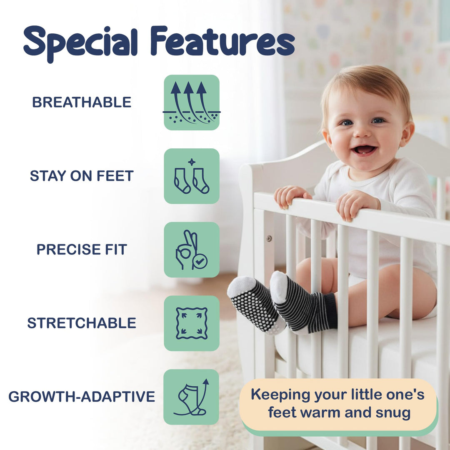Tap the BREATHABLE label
[x=82, y=102]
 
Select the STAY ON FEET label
[x=82, y=176]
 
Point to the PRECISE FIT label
[x=82, y=249]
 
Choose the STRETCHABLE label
[x=82, y=323]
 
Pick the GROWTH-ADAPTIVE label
[x=82, y=397]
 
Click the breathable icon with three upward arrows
[x=191, y=102]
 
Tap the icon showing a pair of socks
[x=191, y=180]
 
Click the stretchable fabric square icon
[x=191, y=323]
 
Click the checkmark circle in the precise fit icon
[x=200, y=261]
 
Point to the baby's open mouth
[x=365, y=149]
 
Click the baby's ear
[x=406, y=133]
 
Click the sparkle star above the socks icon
[x=191, y=162]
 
